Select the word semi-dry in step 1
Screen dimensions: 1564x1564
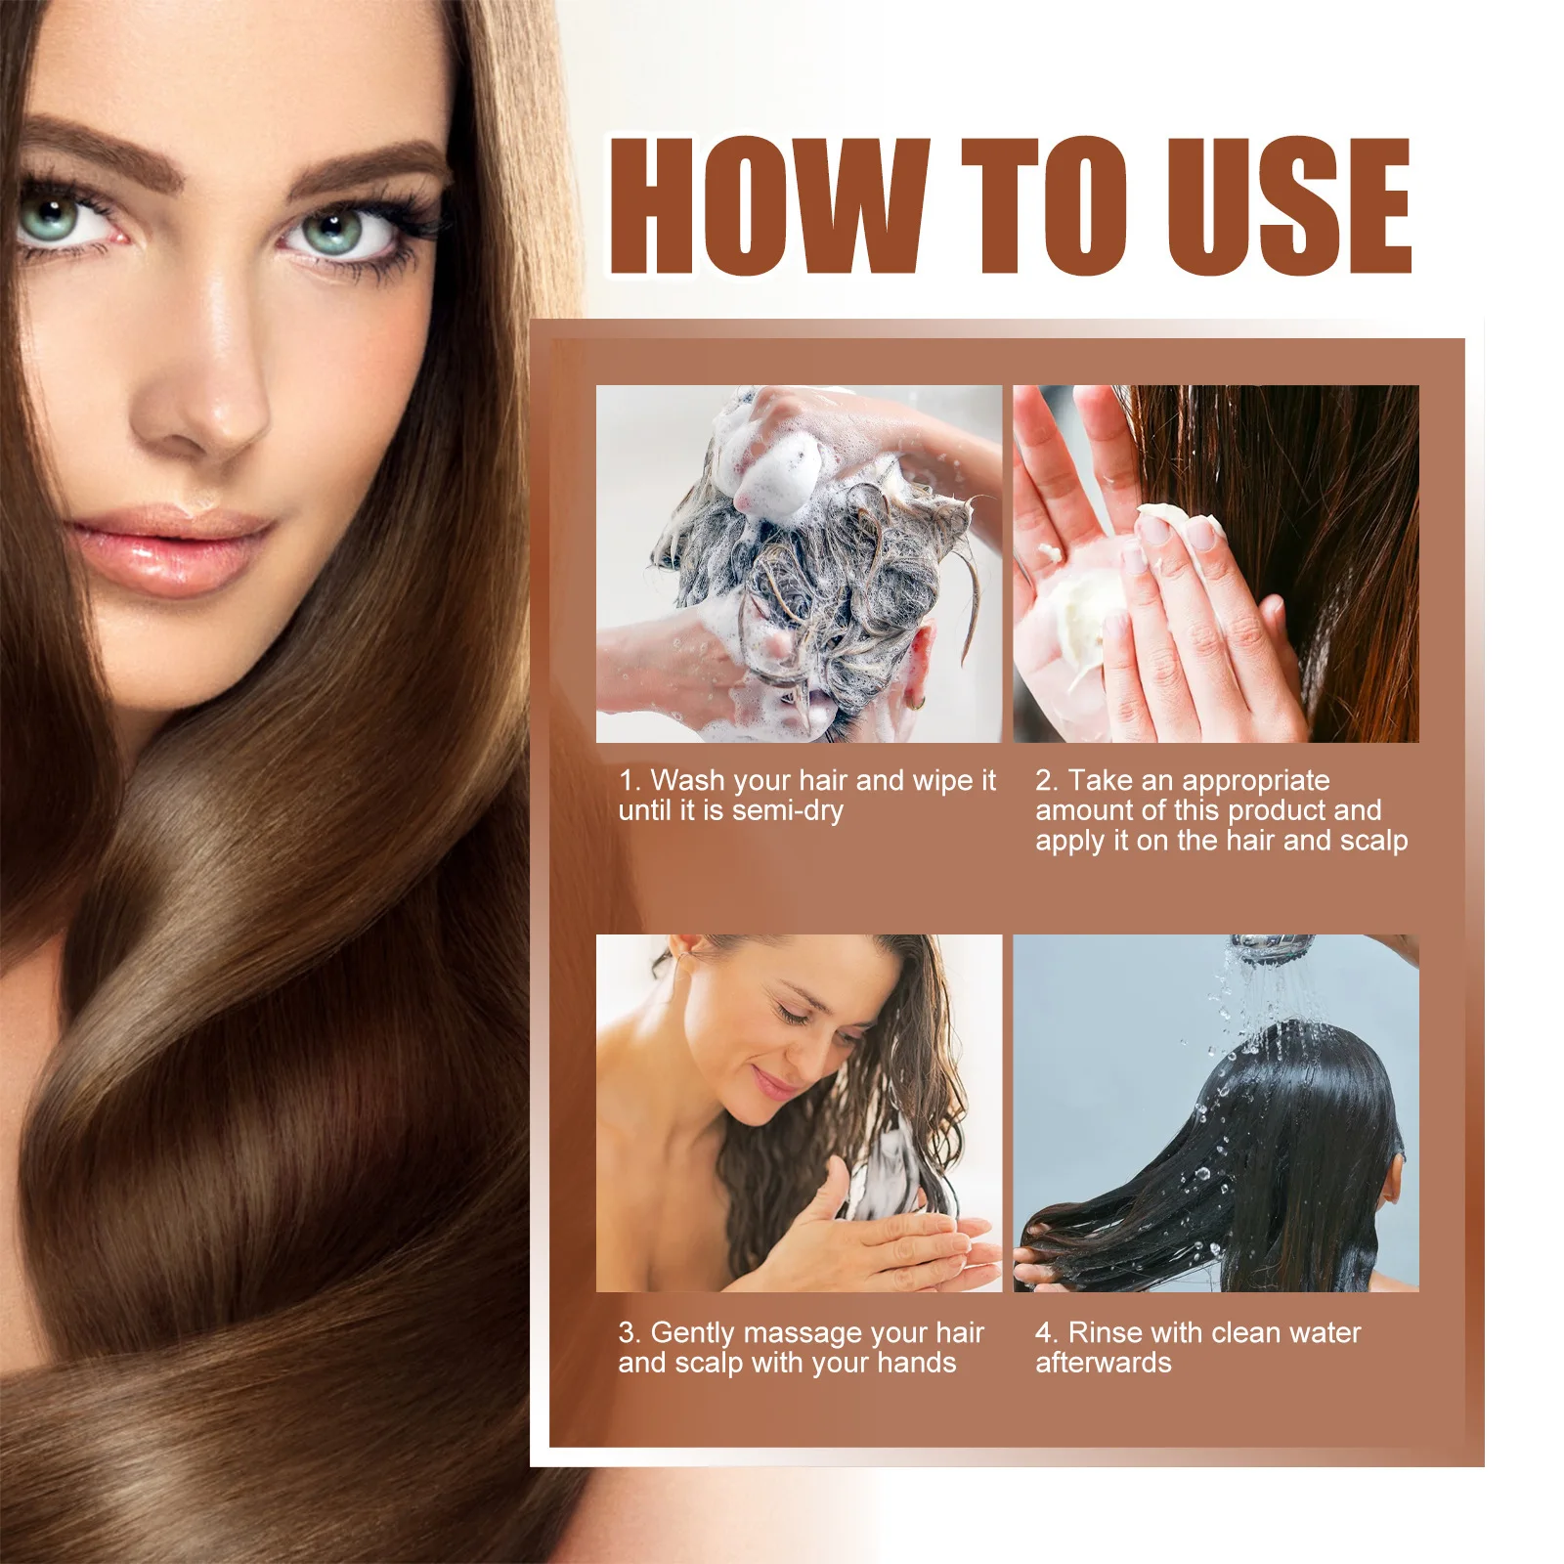click(787, 810)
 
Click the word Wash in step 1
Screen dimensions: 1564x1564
click(689, 780)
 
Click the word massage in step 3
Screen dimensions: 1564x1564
click(787, 1333)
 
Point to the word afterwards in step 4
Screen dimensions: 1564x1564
click(1103, 1363)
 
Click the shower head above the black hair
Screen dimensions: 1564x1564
click(1271, 946)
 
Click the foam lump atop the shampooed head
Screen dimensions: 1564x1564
click(772, 469)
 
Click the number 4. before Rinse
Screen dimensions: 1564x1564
click(1046, 1332)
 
